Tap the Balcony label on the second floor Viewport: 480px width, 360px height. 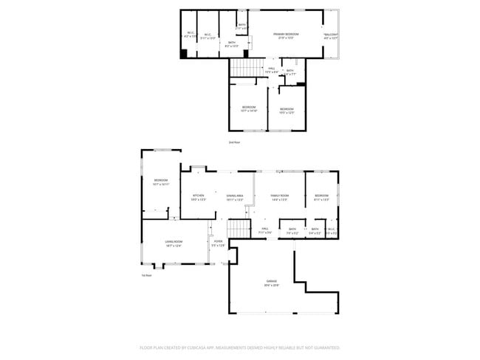tap(330, 35)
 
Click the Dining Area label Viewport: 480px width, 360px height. tap(235, 195)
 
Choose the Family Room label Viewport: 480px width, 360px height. tap(280, 195)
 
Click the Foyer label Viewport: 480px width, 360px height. tap(218, 241)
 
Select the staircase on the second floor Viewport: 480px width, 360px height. tap(247, 68)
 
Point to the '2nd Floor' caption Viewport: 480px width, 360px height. tap(234, 142)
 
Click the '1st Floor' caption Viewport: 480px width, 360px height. tap(146, 275)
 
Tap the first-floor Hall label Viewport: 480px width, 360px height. tap(264, 229)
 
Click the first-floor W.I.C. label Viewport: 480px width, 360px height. tap(331, 229)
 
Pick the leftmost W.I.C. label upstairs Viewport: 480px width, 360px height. tap(190, 33)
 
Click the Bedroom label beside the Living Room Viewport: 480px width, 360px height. tap(161, 181)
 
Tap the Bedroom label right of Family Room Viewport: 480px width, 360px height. tap(321, 195)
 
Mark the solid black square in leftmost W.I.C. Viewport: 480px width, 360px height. tap(185, 53)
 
